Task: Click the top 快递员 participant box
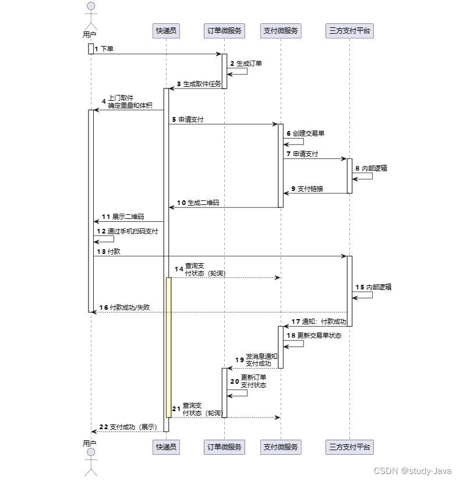click(x=166, y=31)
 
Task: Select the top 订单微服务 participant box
click(x=225, y=31)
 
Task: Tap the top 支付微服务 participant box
click(x=281, y=31)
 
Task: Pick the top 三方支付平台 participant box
click(x=349, y=31)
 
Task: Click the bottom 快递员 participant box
click(x=166, y=447)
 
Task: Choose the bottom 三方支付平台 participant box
click(x=349, y=447)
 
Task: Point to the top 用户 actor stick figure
click(x=90, y=15)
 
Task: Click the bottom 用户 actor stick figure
click(x=90, y=463)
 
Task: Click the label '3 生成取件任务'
click(x=199, y=84)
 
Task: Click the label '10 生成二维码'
click(x=199, y=203)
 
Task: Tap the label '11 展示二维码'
click(x=123, y=217)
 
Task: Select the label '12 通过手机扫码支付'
click(x=127, y=231)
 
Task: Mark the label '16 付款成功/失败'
click(x=125, y=307)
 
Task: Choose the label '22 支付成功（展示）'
click(x=128, y=427)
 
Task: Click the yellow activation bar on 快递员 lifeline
click(x=168, y=346)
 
